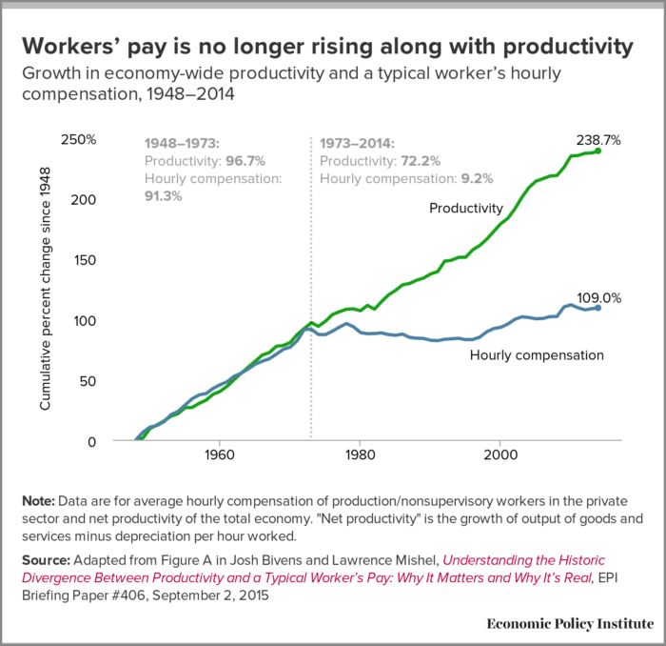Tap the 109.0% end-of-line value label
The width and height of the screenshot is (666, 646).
[x=599, y=297]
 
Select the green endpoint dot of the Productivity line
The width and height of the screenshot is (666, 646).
[x=597, y=151]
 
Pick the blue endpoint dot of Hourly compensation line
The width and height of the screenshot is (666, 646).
[x=597, y=308]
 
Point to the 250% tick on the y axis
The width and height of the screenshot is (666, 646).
[x=79, y=139]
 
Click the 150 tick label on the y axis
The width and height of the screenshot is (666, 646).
[x=85, y=260]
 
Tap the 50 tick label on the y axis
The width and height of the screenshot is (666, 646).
[x=88, y=381]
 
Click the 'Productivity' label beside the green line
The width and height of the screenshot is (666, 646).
[x=466, y=208]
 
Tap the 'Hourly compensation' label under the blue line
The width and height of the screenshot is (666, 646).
[x=538, y=354]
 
